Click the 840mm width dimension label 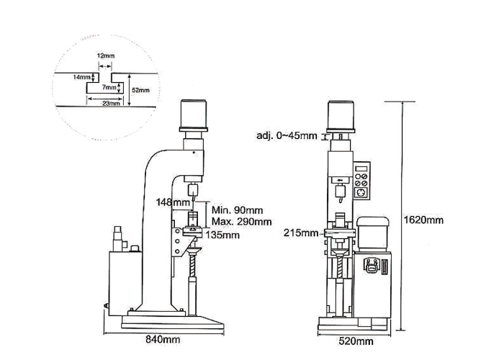click(163, 339)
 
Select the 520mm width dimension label click(356, 341)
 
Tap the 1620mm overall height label click(423, 220)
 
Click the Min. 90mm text click(237, 210)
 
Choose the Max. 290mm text click(241, 222)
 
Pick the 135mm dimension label click(222, 235)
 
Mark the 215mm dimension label click(300, 233)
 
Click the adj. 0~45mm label click(287, 135)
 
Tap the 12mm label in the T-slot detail click(106, 56)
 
